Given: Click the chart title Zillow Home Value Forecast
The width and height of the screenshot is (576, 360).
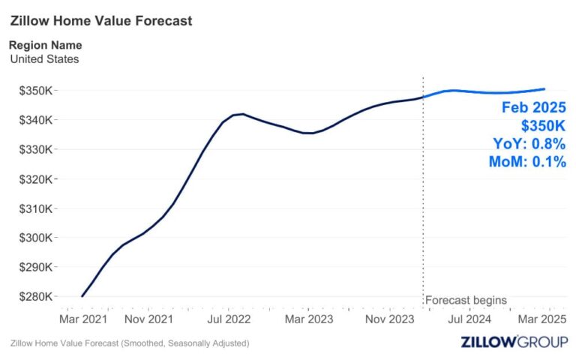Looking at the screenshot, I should tap(101, 21).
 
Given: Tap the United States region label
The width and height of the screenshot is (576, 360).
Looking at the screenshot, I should tap(44, 58).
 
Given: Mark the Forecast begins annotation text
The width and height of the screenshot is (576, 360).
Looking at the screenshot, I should tap(466, 300).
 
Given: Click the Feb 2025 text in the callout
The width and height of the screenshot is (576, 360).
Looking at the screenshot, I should tap(533, 107).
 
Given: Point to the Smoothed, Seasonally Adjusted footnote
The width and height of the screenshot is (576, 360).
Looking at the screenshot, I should tap(130, 343).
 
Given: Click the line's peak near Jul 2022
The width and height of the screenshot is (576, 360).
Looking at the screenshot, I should tap(241, 114).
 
